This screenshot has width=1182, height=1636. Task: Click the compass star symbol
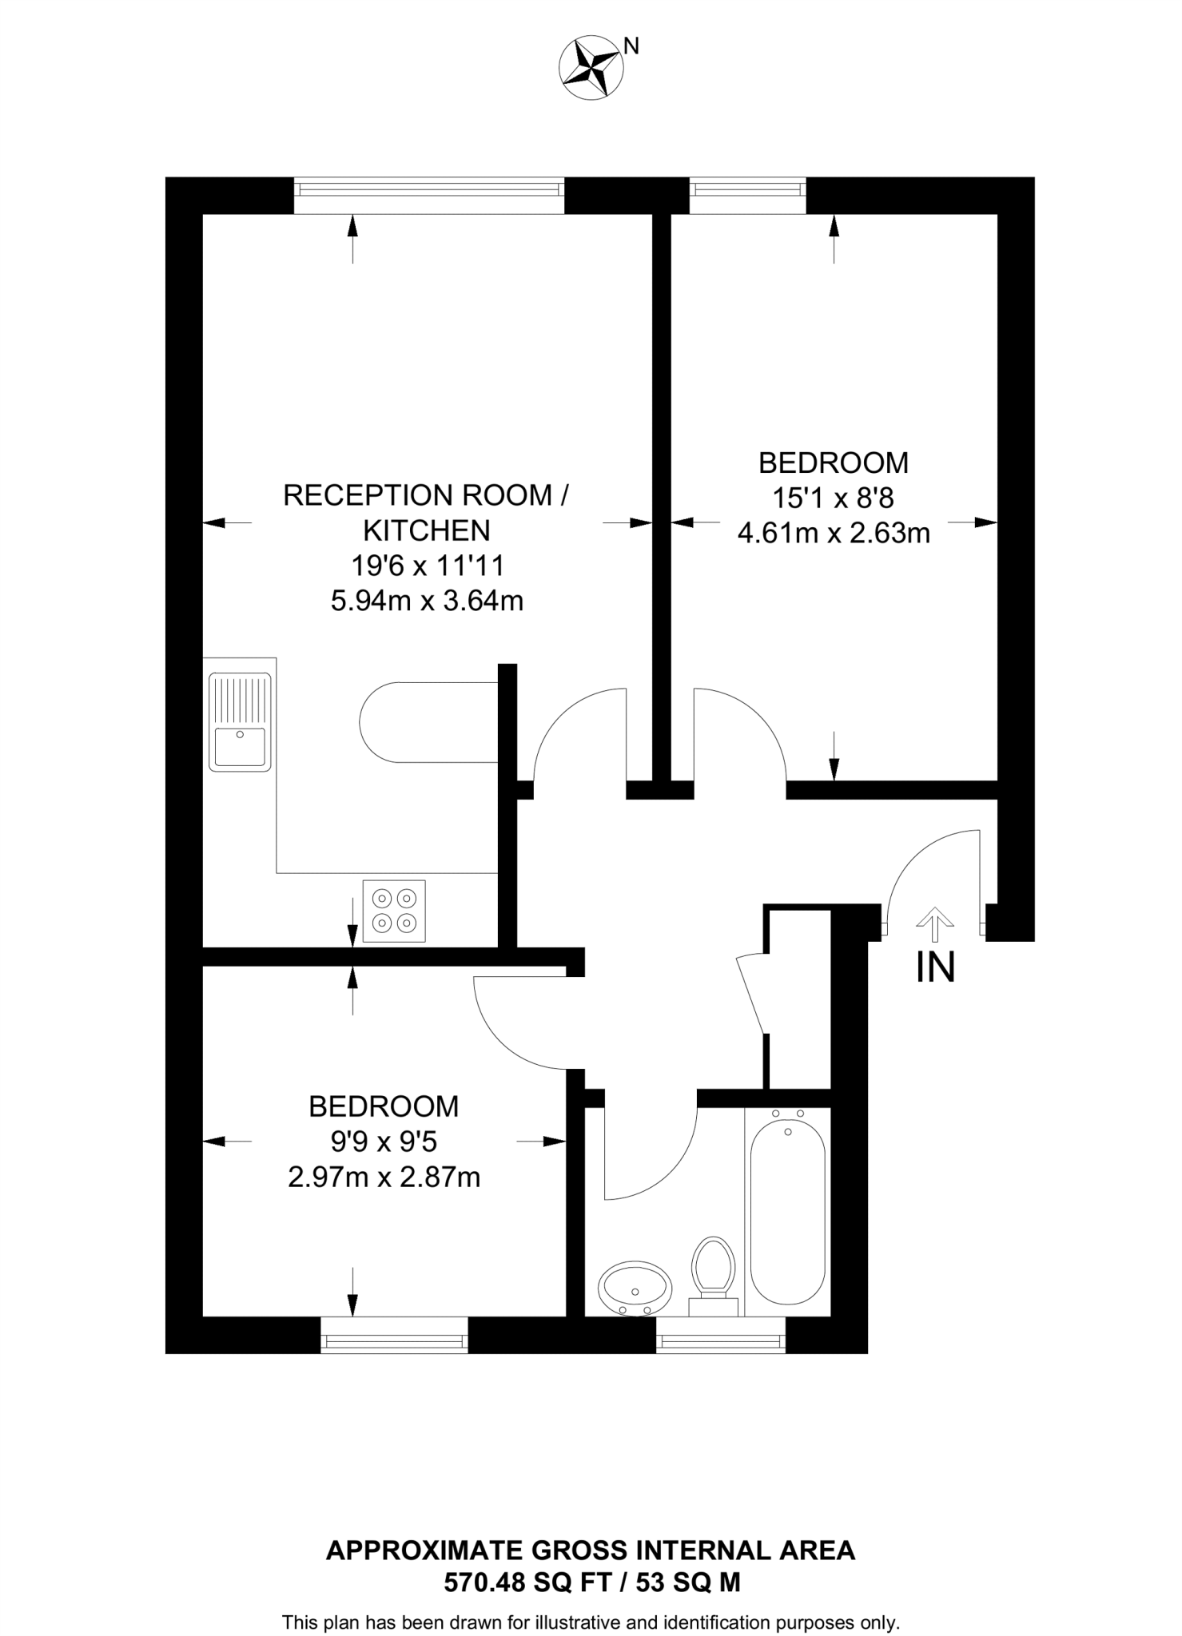point(591,67)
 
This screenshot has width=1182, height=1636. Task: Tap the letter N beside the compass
point(631,46)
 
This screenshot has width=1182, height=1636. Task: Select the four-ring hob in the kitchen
point(394,911)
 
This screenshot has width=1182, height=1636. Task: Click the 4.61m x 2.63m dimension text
point(833,533)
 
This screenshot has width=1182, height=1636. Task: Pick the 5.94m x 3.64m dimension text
point(427,601)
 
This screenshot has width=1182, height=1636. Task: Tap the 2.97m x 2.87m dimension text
point(384,1177)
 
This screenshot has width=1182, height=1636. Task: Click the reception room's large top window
point(428,196)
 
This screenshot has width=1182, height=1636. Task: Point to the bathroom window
point(721,1338)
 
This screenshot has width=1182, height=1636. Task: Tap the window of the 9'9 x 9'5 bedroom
point(394,1338)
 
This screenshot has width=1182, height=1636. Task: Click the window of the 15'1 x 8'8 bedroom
point(747,195)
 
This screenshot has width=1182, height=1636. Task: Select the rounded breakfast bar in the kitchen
point(427,722)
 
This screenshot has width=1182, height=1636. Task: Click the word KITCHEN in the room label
point(427,530)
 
